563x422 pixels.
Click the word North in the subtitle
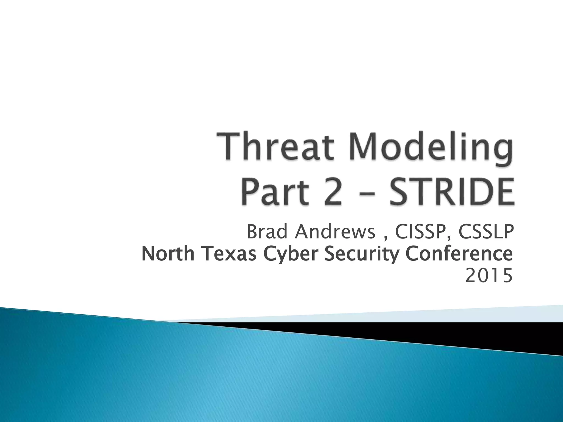pyautogui.click(x=168, y=254)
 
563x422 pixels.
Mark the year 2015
pyautogui.click(x=489, y=276)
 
